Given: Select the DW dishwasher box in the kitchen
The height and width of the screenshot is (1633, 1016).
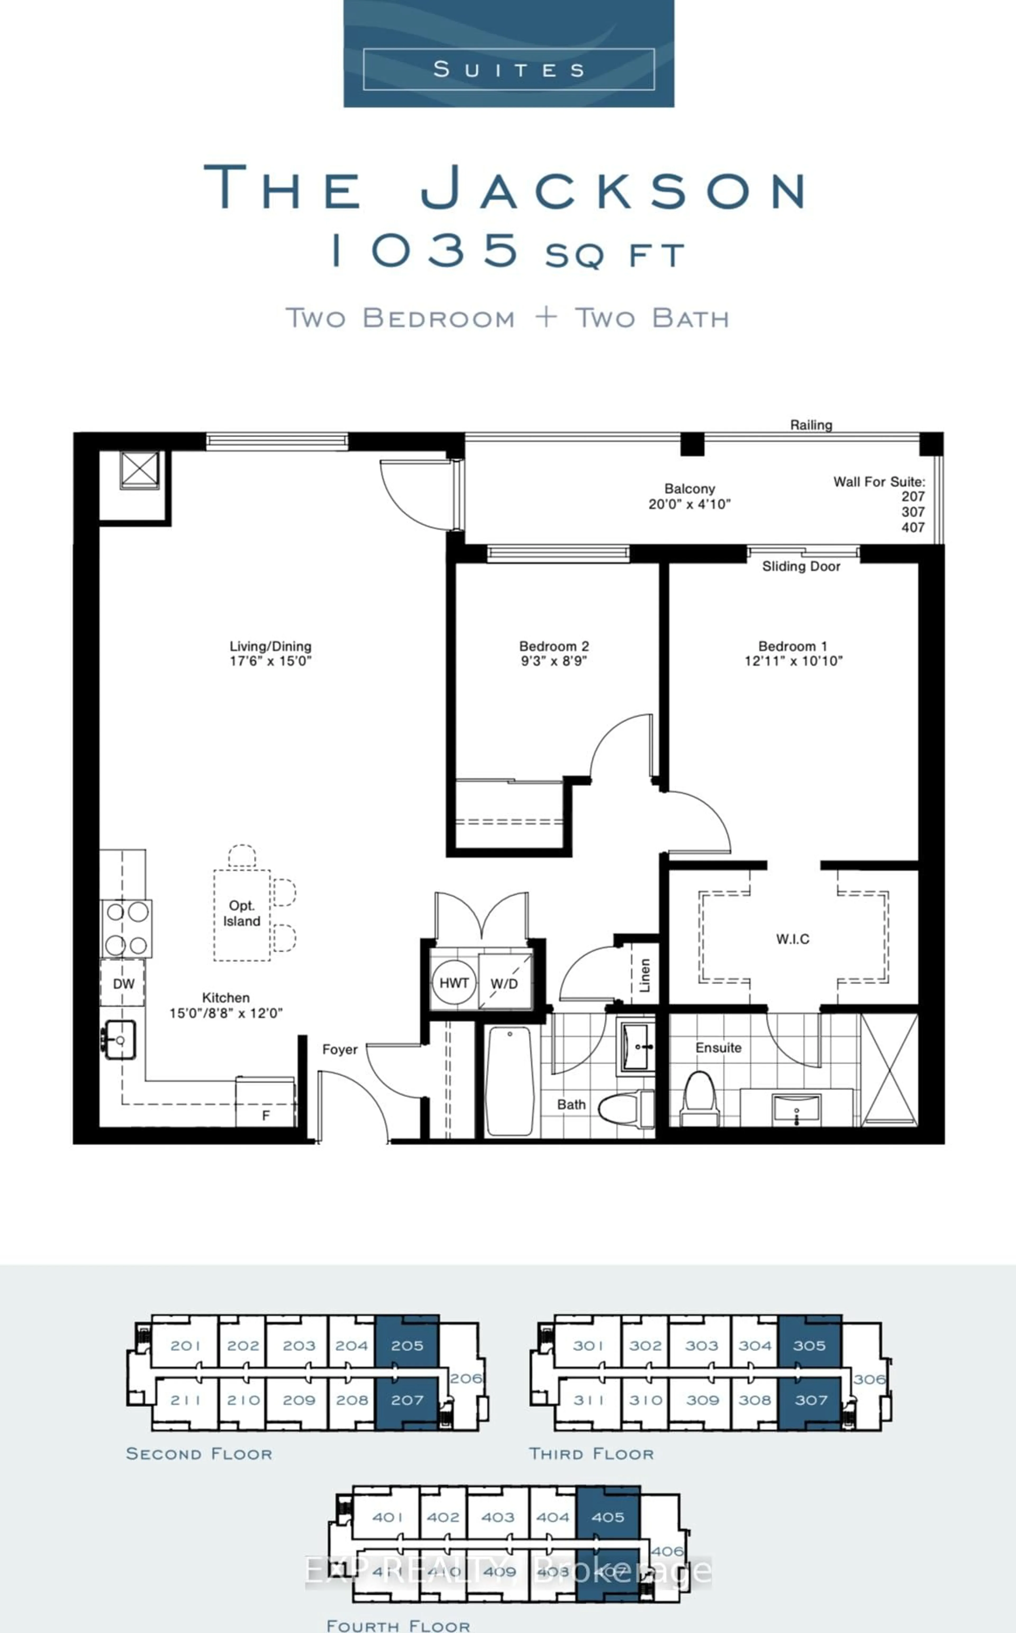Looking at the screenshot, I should pos(123,984).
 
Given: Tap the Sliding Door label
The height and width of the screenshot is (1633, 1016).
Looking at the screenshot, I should pos(801,566).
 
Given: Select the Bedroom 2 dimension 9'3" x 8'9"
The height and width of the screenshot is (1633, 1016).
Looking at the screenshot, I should pos(554,661).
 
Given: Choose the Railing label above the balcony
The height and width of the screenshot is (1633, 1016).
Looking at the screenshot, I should pos(810,424).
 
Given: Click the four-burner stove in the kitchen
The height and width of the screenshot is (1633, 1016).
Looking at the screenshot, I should pos(126,929).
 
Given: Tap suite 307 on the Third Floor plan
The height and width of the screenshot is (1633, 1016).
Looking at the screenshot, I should pos(810,1400).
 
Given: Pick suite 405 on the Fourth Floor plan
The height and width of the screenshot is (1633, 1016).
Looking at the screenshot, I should pos(607,1517).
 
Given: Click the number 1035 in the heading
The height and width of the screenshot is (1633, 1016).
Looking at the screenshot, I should pos(427,250).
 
